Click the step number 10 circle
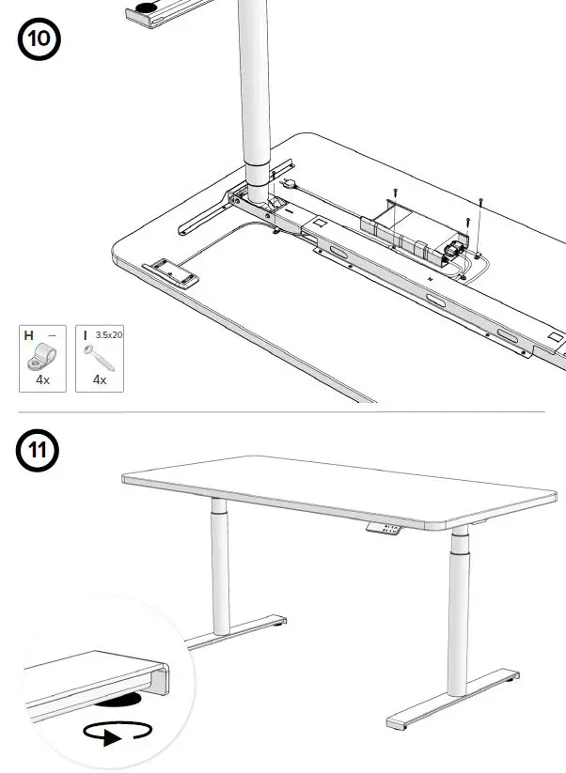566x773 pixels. point(38,42)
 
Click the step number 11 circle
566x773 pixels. point(38,449)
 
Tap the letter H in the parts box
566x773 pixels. point(29,334)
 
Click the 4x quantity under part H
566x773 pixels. point(43,380)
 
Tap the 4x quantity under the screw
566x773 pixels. point(100,380)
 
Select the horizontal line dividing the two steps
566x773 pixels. point(282,411)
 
